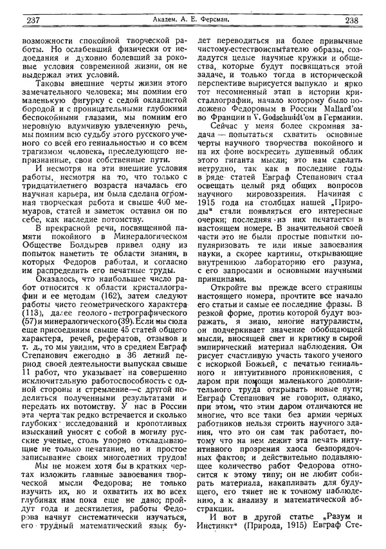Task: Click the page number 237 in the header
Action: pos(32,20)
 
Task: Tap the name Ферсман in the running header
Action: pos(235,20)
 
